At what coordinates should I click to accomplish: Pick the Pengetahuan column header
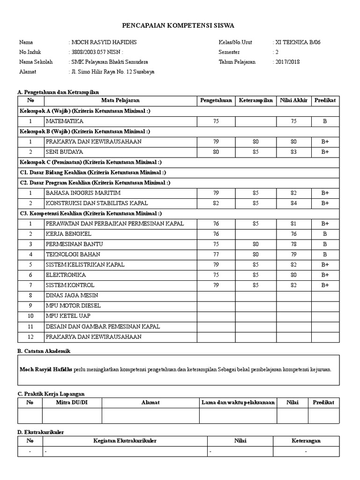[216, 100]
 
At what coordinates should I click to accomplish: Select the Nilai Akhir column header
[293, 100]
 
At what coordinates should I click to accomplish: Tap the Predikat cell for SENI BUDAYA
[325, 152]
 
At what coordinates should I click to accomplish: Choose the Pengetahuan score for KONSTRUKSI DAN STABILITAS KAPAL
[216, 203]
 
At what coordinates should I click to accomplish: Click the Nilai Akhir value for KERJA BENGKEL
[293, 234]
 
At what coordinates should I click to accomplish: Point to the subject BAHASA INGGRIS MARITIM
[83, 193]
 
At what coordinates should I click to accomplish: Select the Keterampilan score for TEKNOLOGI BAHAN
[255, 255]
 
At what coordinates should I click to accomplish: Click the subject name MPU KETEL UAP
[68, 316]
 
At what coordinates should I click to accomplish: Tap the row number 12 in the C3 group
[30, 337]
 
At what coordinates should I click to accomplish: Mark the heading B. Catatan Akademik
[45, 351]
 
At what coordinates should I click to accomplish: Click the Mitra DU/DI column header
[72, 403]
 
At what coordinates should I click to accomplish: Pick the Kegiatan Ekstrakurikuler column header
[125, 441]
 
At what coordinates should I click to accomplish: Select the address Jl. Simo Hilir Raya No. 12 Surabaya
[112, 72]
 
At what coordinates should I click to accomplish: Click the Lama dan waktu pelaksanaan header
[238, 403]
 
